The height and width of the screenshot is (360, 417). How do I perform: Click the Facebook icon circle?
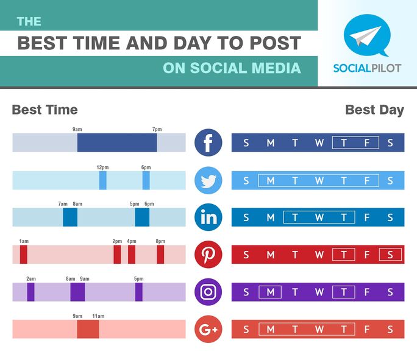pyautogui.click(x=208, y=143)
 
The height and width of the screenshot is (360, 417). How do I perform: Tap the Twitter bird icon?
pyautogui.click(x=208, y=180)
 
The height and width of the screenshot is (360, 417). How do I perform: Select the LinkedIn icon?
pyautogui.click(x=208, y=217)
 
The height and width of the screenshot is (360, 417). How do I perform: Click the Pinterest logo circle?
pyautogui.click(x=208, y=255)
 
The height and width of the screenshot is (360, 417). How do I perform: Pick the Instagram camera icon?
pyautogui.click(x=208, y=292)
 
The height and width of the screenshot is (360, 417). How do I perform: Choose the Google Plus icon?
pyautogui.click(x=208, y=330)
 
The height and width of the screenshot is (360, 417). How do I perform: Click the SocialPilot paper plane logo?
pyautogui.click(x=366, y=35)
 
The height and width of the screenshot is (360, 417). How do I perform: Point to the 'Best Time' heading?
pyautogui.click(x=45, y=110)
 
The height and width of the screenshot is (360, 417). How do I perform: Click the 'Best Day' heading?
pyautogui.click(x=374, y=110)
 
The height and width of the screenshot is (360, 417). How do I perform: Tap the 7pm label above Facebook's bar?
pyautogui.click(x=157, y=129)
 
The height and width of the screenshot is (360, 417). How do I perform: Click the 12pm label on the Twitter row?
pyautogui.click(x=102, y=167)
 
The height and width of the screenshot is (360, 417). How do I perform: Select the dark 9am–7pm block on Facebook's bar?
pyautogui.click(x=117, y=143)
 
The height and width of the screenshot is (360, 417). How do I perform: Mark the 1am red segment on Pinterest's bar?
pyautogui.click(x=24, y=255)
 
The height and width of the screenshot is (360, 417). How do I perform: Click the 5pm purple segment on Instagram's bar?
pyautogui.click(x=139, y=292)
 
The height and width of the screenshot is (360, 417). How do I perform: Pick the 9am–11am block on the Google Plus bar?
pyautogui.click(x=88, y=330)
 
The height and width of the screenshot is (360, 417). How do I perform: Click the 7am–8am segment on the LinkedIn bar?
pyautogui.click(x=70, y=217)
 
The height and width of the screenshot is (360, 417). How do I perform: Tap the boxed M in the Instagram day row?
pyautogui.click(x=270, y=292)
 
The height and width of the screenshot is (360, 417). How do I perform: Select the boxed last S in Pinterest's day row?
pyautogui.click(x=390, y=255)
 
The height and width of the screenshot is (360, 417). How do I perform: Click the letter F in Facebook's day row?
pyautogui.click(x=367, y=143)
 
